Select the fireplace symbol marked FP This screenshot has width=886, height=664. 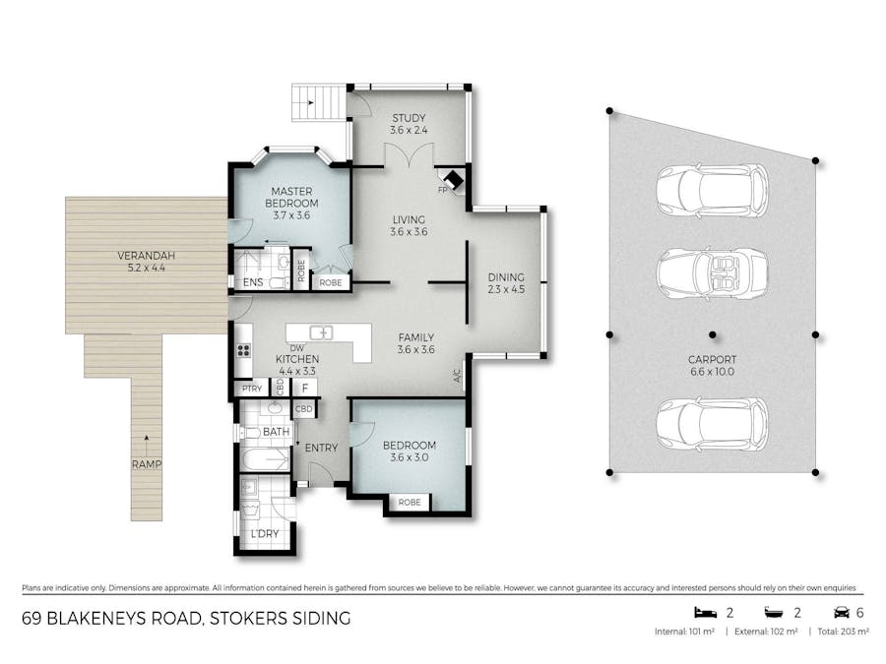[453, 181]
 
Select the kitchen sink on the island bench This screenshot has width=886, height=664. [322, 332]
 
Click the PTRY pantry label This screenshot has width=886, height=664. [252, 389]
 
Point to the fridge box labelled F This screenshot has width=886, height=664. [304, 388]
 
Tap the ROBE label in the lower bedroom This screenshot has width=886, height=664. [409, 502]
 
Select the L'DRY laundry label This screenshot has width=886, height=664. [264, 533]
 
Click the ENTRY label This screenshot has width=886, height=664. [321, 448]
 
